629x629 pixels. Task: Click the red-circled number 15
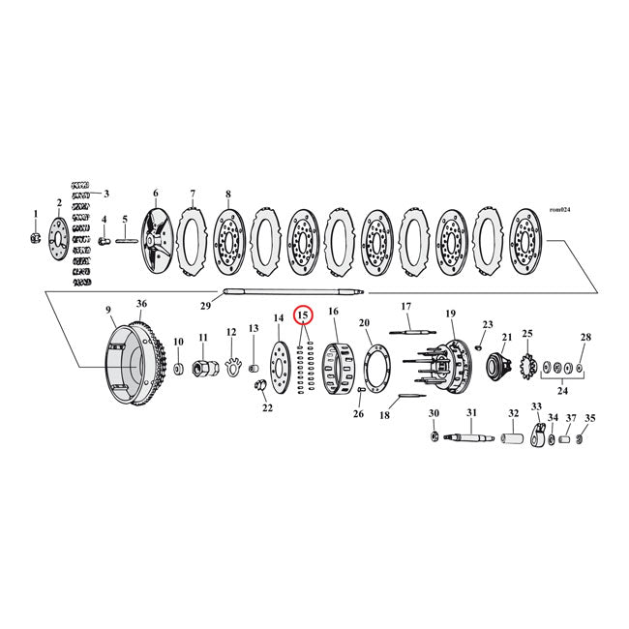tap(303, 315)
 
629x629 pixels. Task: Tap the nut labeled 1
tap(35, 238)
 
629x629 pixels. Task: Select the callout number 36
tap(141, 303)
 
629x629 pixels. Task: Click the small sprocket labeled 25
tap(528, 368)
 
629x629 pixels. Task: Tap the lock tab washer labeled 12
tap(232, 367)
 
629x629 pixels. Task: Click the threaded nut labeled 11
tap(204, 369)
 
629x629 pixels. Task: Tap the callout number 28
tap(585, 337)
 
